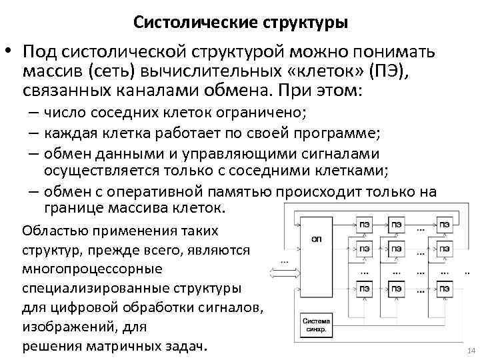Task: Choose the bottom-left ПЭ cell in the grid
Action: (x=365, y=290)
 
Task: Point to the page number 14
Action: (x=465, y=351)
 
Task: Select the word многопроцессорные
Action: (x=92, y=269)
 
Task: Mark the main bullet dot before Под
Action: (x=9, y=52)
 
